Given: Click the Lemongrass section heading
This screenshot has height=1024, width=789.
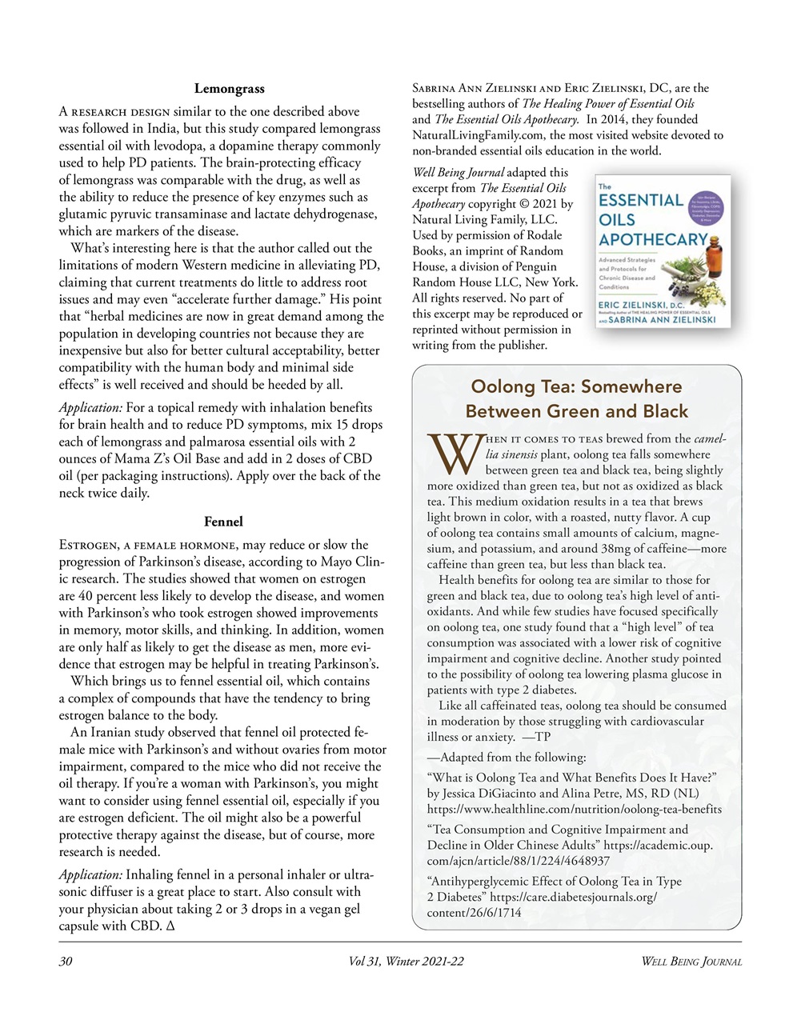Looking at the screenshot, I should coord(229,89).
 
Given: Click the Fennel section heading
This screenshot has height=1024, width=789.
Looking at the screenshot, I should coord(223,522).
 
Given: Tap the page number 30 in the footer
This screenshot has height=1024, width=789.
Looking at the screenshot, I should coord(66,962).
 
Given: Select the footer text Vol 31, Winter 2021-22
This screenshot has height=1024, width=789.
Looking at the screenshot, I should coord(406,962).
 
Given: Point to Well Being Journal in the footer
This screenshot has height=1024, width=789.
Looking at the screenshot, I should coord(691,962).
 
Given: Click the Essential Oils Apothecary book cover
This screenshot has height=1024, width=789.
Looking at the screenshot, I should coord(663,251).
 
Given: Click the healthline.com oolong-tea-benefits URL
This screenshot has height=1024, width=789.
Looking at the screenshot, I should coord(575,809).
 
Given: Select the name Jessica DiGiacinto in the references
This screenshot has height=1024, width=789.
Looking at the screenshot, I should coord(495,794).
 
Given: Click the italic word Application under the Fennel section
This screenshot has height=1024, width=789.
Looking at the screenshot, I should coord(90,875).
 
